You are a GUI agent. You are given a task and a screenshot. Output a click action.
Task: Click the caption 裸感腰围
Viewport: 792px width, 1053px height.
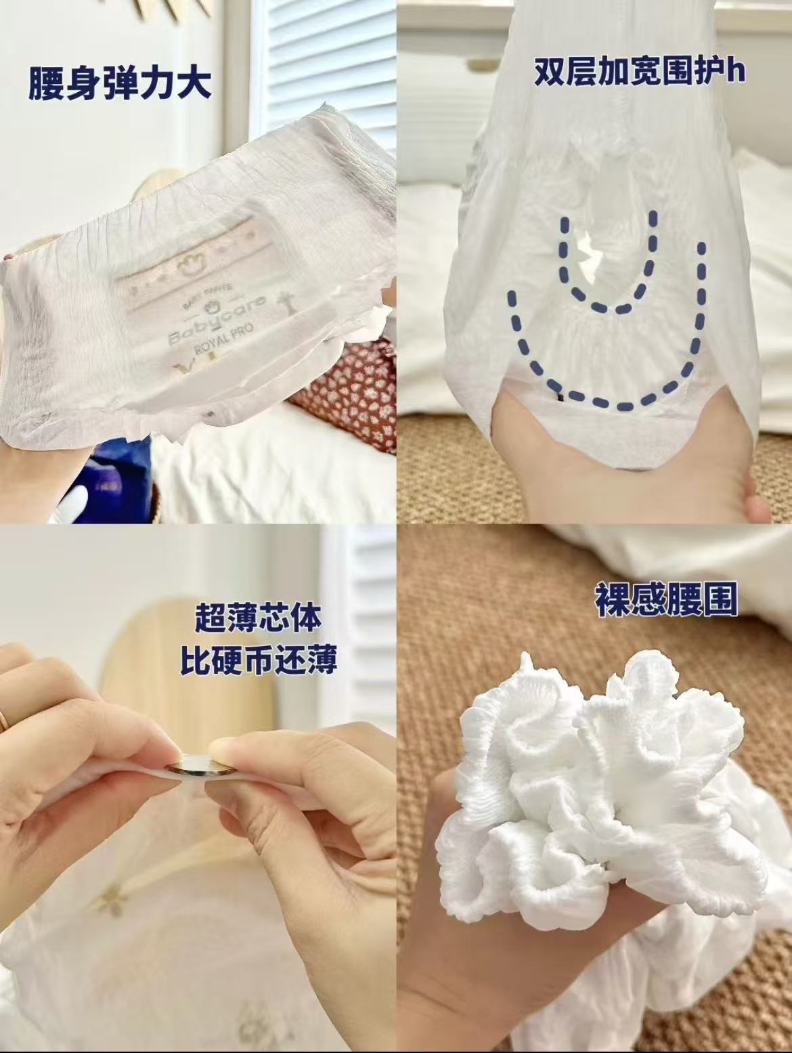(x=666, y=601)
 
